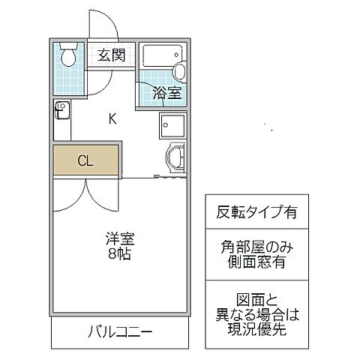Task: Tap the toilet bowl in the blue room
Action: (69, 53)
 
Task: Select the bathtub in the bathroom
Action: (160, 55)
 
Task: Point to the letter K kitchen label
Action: (112, 118)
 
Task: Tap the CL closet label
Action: (85, 161)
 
